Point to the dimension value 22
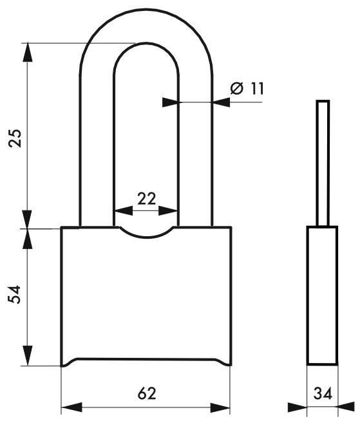click(146, 198)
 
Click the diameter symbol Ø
click(236, 89)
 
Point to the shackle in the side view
click(323, 161)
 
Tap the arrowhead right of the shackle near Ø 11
click(220, 101)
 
